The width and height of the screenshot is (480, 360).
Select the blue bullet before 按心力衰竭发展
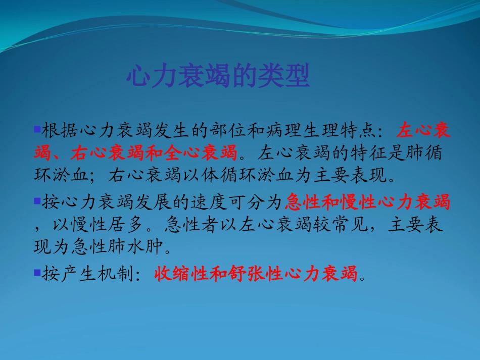pyautogui.click(x=36, y=201)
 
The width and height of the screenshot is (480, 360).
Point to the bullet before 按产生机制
pyautogui.click(x=36, y=273)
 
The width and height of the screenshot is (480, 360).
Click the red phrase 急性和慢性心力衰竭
pyautogui.click(x=367, y=202)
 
